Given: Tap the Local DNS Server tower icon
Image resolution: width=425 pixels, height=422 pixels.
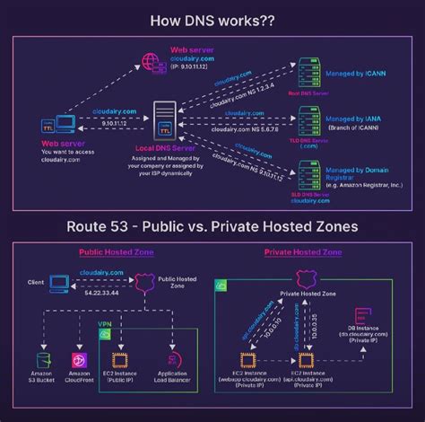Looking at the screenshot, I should pos(165,119).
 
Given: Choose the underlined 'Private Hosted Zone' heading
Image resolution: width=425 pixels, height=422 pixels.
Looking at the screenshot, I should pos(299,253).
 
